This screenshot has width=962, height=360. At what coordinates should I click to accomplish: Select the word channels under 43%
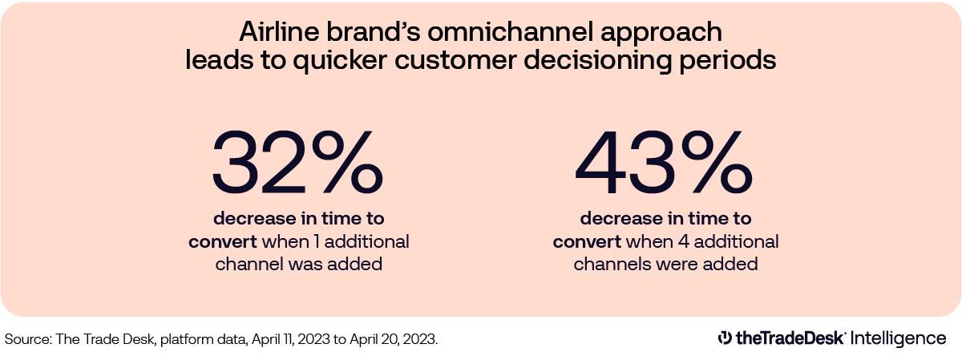(x=609, y=264)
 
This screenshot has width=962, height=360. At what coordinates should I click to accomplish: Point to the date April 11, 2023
(x=287, y=339)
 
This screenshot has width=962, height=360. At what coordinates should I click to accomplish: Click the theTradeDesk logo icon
(x=725, y=338)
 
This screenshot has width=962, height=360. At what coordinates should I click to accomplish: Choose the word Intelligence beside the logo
(x=899, y=338)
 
